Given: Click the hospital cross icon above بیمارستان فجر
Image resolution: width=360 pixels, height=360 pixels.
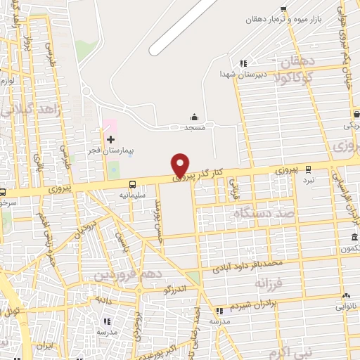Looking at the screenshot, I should click(x=110, y=140).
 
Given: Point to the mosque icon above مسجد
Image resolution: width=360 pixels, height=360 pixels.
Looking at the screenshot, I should click(x=195, y=117).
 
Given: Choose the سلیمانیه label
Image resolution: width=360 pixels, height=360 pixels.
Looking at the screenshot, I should click(x=132, y=195).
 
